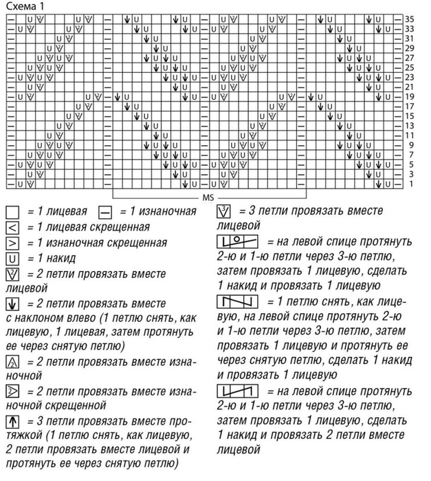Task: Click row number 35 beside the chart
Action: [x=410, y=19]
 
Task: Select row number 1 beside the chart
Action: [x=410, y=184]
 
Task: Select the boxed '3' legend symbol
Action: [x=224, y=211]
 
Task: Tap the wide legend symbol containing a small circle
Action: [x=236, y=242]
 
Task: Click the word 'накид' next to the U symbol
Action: [x=58, y=259]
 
